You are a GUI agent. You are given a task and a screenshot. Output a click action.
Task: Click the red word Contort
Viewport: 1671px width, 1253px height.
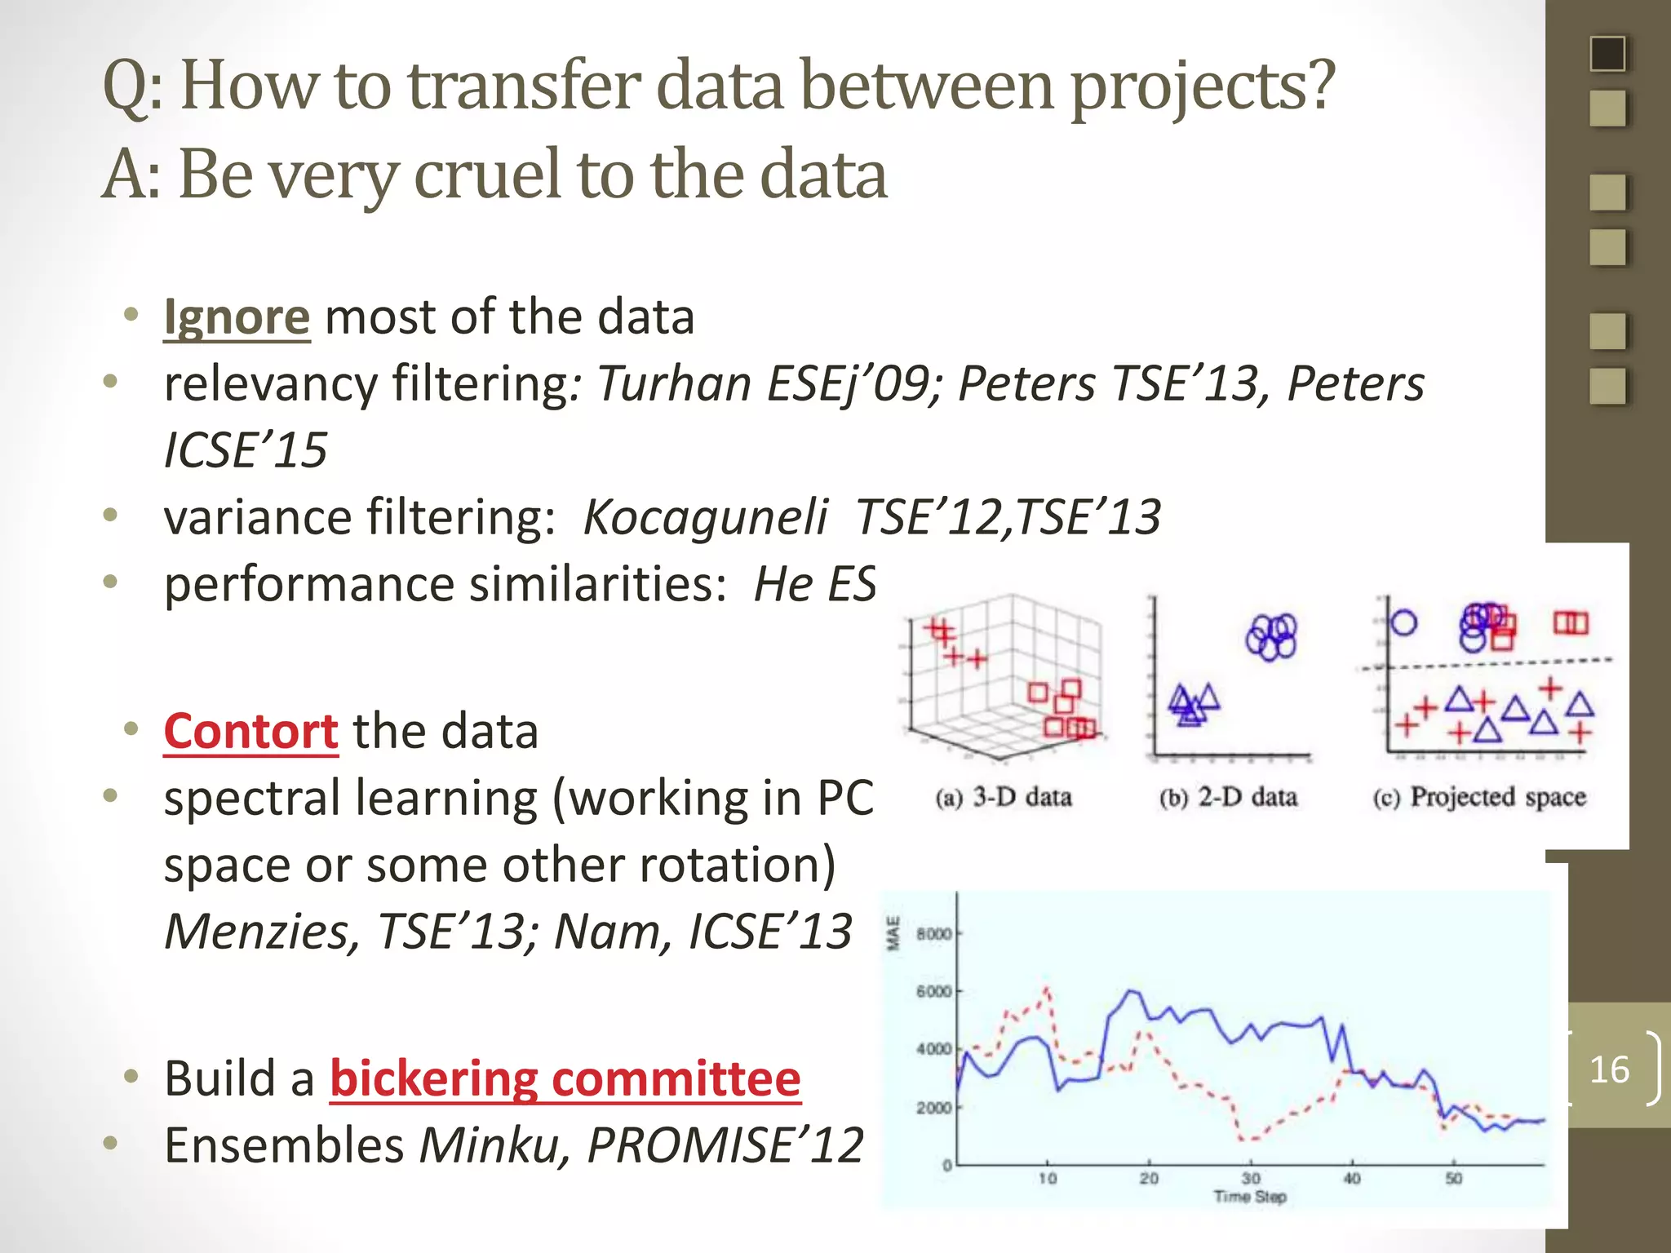pos(250,731)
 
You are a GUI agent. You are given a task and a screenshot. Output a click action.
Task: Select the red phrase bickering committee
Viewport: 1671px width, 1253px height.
pos(565,1078)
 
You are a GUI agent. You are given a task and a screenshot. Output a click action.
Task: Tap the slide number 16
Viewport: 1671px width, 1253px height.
pos(1609,1069)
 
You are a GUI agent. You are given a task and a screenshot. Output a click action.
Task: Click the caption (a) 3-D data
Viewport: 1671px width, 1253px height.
pos(1004,797)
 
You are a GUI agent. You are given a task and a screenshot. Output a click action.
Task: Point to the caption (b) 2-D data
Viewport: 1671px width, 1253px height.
pos(1228,797)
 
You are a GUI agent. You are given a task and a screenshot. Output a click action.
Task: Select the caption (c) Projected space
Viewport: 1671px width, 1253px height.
pos(1479,797)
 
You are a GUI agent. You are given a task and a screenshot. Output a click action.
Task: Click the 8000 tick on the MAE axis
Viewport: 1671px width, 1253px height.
pos(933,933)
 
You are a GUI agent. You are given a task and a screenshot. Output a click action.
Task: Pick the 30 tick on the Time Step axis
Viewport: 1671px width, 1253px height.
pos(1251,1179)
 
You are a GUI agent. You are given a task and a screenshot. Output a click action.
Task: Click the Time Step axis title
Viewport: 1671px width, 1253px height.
pos(1250,1197)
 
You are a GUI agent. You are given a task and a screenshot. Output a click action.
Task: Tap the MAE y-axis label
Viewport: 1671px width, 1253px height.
pos(893,933)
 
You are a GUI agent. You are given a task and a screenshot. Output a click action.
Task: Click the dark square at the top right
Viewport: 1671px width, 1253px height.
pos(1607,54)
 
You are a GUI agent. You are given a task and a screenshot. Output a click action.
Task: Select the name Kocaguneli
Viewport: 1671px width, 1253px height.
pos(705,517)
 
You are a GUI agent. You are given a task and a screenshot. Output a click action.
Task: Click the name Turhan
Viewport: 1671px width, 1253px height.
pos(674,383)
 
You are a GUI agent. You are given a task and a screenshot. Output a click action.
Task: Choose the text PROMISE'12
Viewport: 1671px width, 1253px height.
pos(725,1145)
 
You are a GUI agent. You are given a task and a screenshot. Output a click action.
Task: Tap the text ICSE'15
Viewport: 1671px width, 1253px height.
pos(246,450)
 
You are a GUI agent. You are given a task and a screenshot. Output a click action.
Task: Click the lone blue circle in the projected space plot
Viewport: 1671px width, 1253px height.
pos(1403,623)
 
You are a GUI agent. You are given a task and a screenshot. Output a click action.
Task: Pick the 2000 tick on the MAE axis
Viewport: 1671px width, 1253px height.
pos(933,1108)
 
